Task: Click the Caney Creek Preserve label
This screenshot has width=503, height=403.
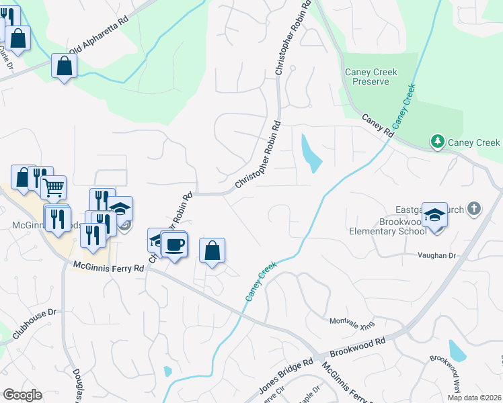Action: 371,77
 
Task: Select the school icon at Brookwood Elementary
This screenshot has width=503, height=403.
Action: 434,215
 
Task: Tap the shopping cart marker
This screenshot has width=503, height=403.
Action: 54,186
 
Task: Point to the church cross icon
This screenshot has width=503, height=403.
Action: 474,208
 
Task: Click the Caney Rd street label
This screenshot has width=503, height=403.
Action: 378,126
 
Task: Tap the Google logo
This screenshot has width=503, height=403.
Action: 22,395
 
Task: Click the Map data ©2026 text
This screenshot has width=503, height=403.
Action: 475,398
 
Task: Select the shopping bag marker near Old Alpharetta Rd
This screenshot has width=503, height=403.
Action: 64,66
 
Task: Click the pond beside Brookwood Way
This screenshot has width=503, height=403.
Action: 457,351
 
